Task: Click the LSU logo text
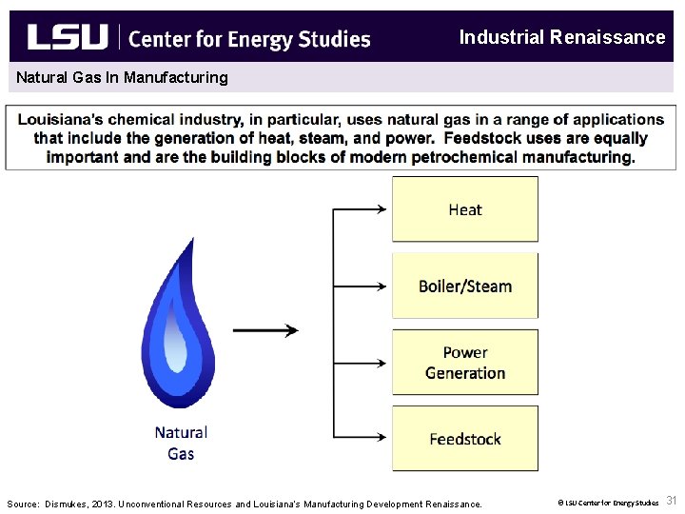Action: pyautogui.click(x=67, y=37)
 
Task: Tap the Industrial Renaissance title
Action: pyautogui.click(x=561, y=37)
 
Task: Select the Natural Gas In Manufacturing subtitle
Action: pyautogui.click(x=122, y=77)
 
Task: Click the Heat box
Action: pyautogui.click(x=465, y=209)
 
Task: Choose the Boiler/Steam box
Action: pyautogui.click(x=465, y=286)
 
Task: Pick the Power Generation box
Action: pyautogui.click(x=465, y=363)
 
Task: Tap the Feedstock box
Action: pyautogui.click(x=465, y=439)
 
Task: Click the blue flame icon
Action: pyautogui.click(x=178, y=309)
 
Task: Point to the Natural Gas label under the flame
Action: pyautogui.click(x=181, y=443)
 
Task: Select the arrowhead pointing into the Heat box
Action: pyautogui.click(x=382, y=209)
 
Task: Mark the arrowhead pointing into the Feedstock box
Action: pyautogui.click(x=382, y=439)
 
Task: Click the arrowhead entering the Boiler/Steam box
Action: pyautogui.click(x=382, y=286)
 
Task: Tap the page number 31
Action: pyautogui.click(x=672, y=501)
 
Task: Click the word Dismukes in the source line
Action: pyautogui.click(x=68, y=504)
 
